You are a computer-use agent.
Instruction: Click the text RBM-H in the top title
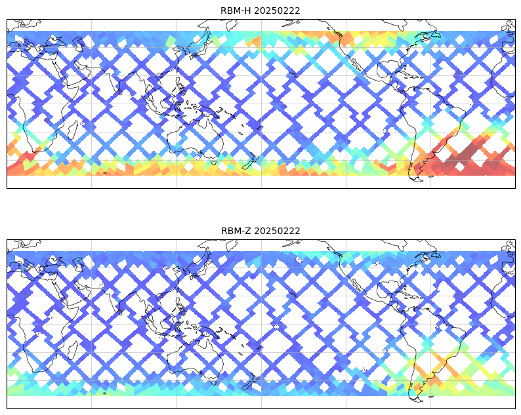236,10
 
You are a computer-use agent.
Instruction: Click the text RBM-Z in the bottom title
236,231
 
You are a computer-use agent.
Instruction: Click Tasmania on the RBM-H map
214,163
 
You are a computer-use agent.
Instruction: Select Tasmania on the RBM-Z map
214,382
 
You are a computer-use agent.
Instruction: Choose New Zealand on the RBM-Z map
250,382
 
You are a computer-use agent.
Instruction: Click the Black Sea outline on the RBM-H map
56,41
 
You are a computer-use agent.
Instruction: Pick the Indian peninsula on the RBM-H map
112,79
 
